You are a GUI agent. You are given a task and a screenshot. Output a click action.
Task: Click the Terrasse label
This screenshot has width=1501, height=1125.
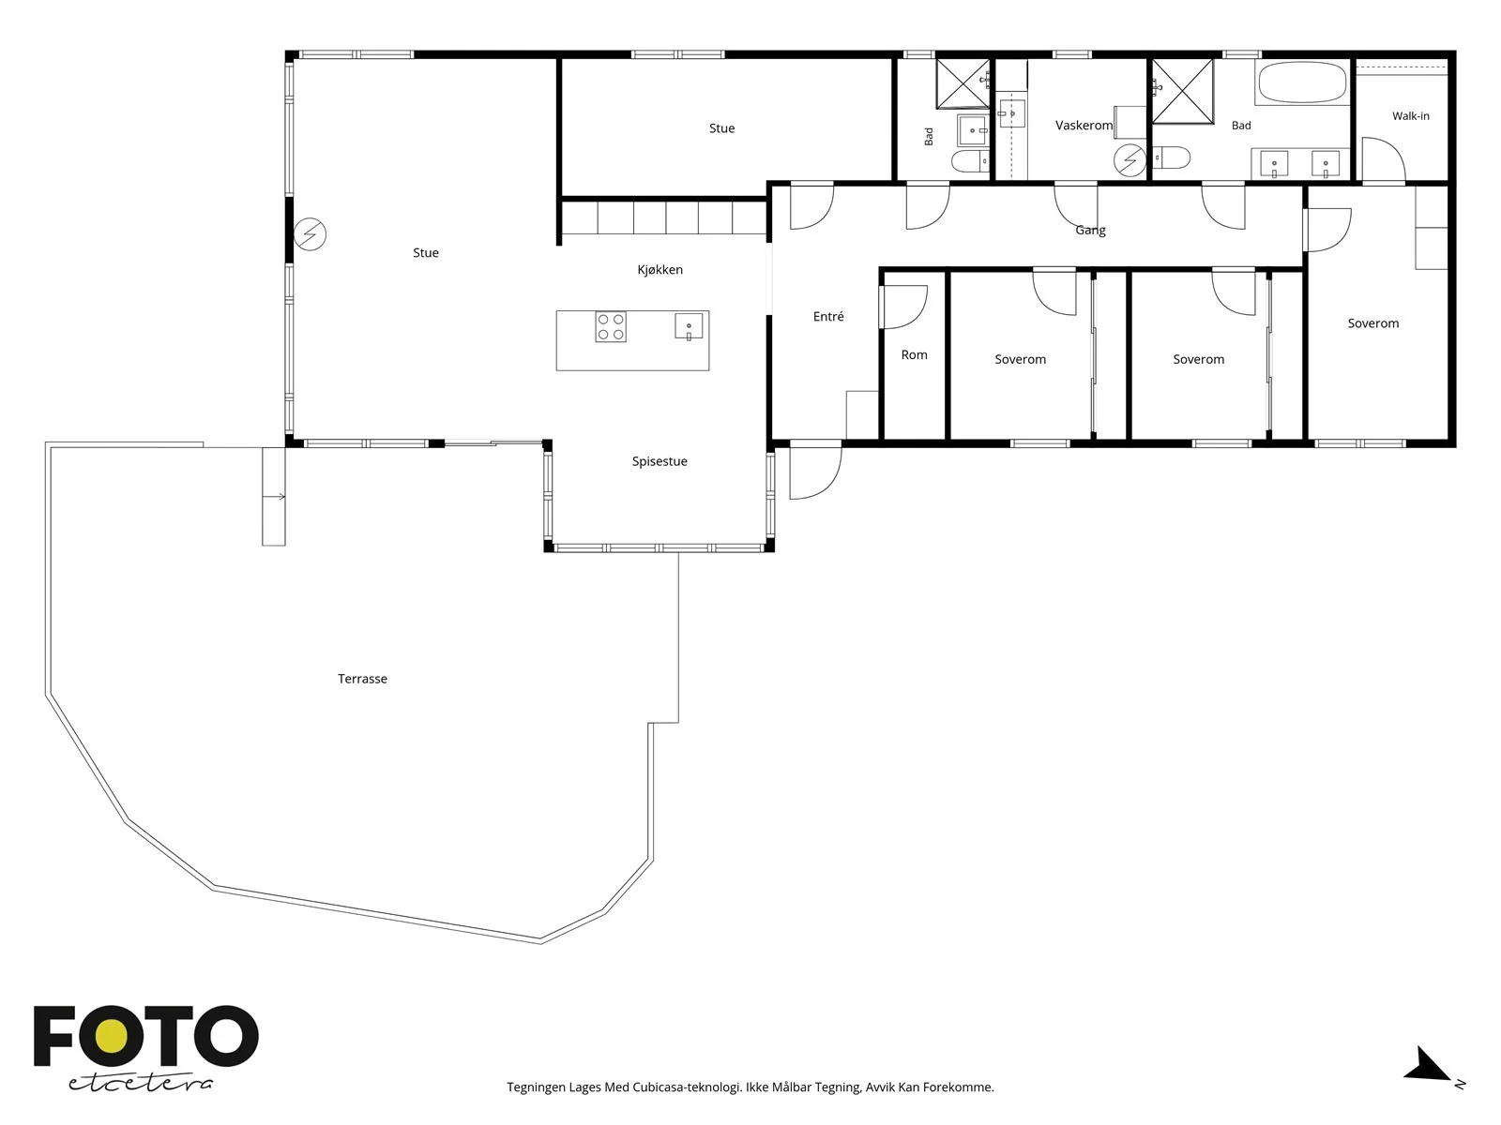coord(362,678)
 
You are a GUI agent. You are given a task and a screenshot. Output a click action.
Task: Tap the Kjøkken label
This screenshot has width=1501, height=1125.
coord(660,270)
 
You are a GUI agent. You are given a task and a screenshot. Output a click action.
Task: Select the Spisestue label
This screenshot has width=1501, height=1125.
coord(660,462)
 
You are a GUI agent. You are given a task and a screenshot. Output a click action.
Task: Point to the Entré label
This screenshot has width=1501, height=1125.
coord(828,316)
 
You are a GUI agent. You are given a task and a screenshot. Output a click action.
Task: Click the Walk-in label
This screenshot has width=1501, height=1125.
coord(1411,116)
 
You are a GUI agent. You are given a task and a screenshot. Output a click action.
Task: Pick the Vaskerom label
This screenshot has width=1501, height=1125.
coord(1084,125)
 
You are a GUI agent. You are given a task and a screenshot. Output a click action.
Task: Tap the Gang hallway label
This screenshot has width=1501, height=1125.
coord(1090,231)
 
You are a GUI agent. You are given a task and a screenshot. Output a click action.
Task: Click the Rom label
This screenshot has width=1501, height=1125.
coord(915,354)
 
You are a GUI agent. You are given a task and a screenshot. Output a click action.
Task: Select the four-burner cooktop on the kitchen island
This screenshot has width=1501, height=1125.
coord(611,326)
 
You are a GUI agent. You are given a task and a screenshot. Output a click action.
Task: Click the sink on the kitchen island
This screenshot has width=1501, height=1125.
coord(689,326)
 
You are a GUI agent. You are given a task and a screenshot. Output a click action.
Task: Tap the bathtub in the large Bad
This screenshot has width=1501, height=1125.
coord(1302,82)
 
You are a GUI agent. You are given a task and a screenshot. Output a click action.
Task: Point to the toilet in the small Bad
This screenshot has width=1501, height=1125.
coord(968,161)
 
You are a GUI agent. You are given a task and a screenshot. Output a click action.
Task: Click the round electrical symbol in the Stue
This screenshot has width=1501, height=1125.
coord(310,234)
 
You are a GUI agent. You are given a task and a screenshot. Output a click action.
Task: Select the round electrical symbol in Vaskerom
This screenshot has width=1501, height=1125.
coord(1130,160)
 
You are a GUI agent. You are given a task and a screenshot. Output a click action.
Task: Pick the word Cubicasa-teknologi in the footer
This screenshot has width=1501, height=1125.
coord(687,1087)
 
